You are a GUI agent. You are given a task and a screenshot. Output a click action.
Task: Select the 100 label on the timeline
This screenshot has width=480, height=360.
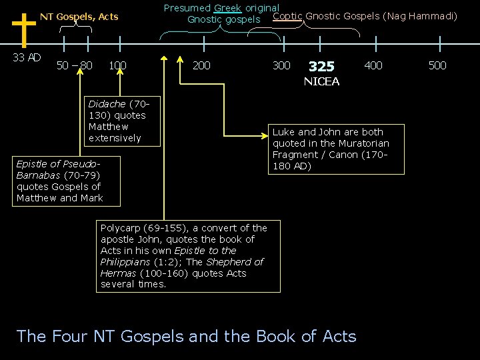[x=117, y=65]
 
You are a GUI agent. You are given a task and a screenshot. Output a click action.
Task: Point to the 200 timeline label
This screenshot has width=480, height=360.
[x=201, y=65]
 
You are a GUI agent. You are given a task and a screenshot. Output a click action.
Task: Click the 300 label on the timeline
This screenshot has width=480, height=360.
[x=281, y=65]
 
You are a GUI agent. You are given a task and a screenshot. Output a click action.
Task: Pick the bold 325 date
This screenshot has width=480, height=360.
[x=321, y=67]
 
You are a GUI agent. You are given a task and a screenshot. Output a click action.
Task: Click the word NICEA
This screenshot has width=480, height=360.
[x=321, y=81]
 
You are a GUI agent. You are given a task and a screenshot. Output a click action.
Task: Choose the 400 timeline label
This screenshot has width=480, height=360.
[x=373, y=65]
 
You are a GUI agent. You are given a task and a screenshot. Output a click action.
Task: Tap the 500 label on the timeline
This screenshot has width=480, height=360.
[x=437, y=65]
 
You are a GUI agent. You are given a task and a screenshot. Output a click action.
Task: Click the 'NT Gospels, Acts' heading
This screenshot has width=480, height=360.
[x=79, y=17]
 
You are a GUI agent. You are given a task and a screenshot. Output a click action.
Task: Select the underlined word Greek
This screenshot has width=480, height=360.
[x=227, y=8]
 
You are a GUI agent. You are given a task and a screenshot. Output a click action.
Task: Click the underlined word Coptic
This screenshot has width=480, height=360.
[x=287, y=16]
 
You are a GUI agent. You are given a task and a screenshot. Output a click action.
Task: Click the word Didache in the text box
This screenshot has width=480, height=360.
[x=106, y=104]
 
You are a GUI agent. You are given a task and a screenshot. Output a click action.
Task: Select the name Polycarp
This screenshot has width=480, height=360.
[x=121, y=228]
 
